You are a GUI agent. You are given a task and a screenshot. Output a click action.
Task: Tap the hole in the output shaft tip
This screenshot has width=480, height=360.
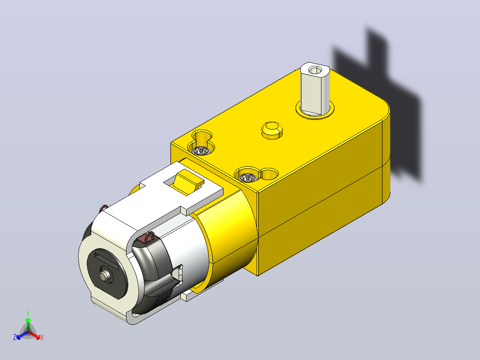point(313,71)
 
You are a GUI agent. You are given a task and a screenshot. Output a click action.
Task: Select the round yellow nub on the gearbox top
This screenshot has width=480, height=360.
point(272,129)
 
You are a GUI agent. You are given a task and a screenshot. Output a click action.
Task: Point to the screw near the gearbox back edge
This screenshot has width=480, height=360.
point(200,151)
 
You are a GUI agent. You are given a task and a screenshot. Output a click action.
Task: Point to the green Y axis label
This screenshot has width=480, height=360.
point(28,313)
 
